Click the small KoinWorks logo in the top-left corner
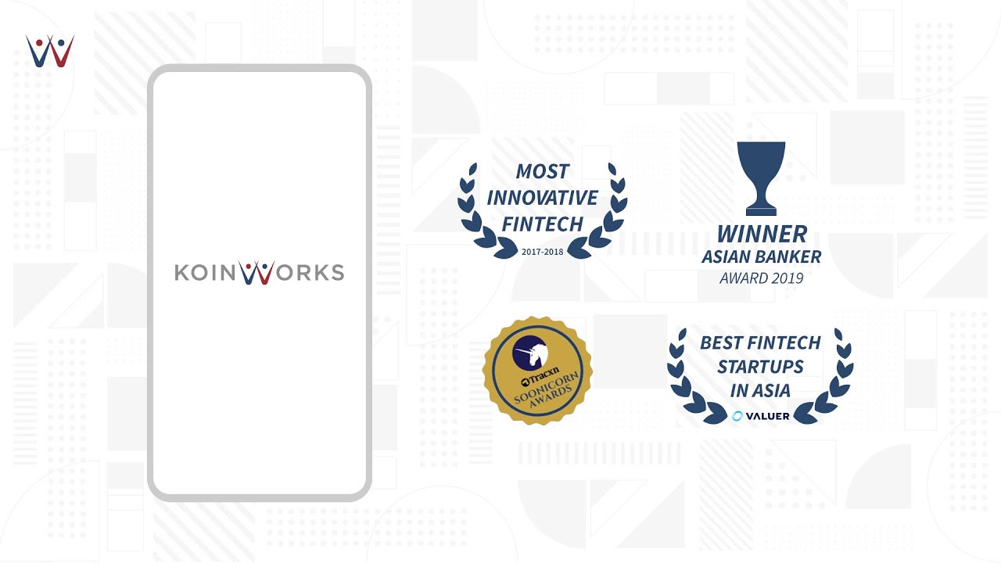click(49, 51)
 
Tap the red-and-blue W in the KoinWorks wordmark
click(257, 273)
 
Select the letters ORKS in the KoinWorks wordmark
click(310, 273)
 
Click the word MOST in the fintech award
click(543, 171)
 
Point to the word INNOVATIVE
click(542, 198)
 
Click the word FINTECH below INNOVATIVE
click(543, 224)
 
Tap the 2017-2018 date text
click(543, 252)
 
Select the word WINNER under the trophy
click(762, 234)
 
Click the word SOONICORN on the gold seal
click(546, 387)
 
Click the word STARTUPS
click(761, 367)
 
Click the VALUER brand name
click(768, 417)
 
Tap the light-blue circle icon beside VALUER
click(737, 417)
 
